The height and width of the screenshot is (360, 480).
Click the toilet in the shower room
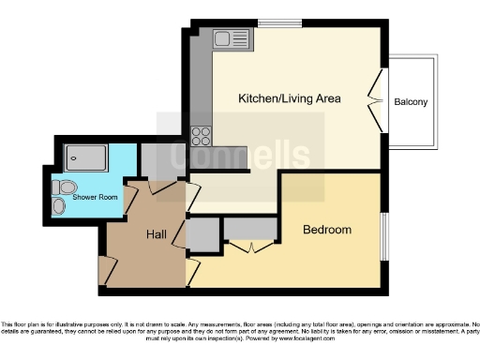[x=60, y=203]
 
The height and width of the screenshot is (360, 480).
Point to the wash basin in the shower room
[x=57, y=185]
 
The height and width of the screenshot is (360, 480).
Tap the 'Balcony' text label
[x=412, y=102]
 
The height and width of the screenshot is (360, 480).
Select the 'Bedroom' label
[x=326, y=230]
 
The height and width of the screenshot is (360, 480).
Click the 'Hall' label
[x=156, y=234]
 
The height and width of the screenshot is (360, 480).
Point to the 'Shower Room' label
[x=96, y=197]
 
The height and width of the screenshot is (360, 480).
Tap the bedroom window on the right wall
[x=382, y=238]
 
